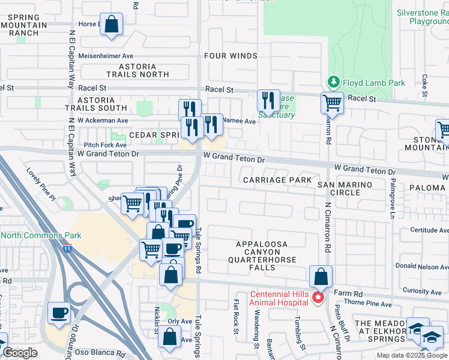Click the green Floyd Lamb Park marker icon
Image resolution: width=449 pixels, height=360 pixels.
coord(333,82)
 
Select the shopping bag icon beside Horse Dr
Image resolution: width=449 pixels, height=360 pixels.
coord(111,25)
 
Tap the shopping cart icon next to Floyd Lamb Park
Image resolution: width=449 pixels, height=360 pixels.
coord(331,103)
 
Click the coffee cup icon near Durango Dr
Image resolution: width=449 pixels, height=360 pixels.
coord(59,313)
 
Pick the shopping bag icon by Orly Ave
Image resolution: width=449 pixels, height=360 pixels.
coord(169,338)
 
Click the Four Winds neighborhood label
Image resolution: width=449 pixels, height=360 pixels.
coord(231,56)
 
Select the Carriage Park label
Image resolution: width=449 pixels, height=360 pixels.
coord(277,180)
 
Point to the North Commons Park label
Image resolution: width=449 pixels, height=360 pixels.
coord(41,235)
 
